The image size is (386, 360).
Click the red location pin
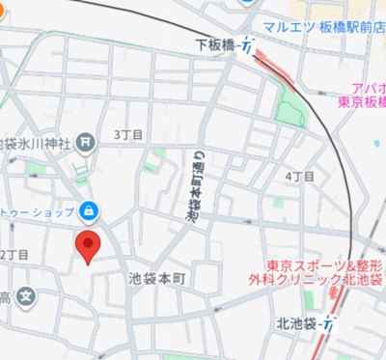(x=89, y=247)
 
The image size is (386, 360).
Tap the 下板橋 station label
(x=215, y=44)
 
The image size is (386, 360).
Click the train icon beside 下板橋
(x=248, y=46)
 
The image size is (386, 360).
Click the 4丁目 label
(x=300, y=177)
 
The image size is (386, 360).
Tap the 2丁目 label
(x=15, y=254)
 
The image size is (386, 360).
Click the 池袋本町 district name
(x=162, y=278)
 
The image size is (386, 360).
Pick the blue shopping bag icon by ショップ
(x=88, y=208)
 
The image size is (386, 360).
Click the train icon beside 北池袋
(x=330, y=324)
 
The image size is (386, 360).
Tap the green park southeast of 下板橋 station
(x=289, y=112)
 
